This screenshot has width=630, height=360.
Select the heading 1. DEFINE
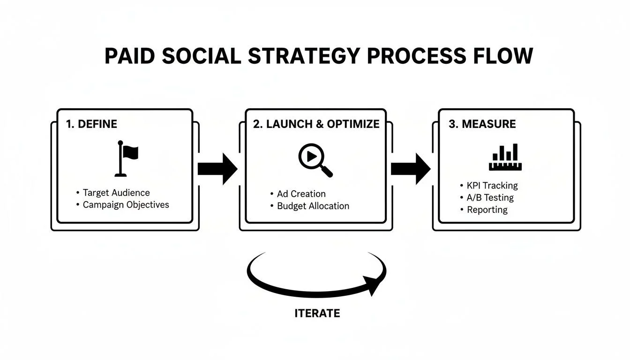point(91,124)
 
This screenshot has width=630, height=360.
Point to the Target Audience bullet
point(116,193)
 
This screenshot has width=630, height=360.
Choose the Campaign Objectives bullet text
point(126,205)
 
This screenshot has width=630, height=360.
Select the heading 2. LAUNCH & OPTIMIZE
point(316,124)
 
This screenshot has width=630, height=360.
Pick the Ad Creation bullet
point(301,194)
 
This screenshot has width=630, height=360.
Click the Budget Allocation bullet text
point(313,206)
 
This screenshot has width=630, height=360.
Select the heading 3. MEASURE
point(482,124)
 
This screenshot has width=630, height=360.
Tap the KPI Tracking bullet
point(492,185)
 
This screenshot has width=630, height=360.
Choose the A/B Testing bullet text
point(490,197)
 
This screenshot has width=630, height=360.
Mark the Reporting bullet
point(487,210)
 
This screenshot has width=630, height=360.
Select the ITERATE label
point(317,313)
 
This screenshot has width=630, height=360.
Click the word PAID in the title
point(129,56)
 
